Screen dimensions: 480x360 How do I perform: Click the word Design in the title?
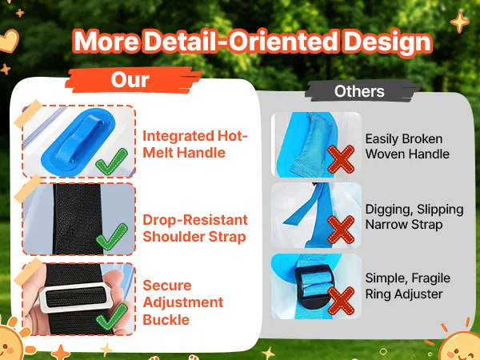(387, 42)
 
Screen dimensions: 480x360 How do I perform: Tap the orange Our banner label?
(132, 80)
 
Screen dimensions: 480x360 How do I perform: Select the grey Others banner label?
(359, 91)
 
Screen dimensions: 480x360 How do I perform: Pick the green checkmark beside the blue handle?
(111, 162)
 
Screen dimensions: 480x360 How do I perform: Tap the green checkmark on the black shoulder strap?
(111, 237)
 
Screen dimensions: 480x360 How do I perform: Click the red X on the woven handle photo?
(341, 159)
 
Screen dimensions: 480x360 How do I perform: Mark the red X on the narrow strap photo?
(341, 230)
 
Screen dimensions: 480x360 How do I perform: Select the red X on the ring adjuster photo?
(341, 301)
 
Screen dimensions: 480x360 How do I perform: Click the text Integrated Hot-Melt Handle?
(195, 144)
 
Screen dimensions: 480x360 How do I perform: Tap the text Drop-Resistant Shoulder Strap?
(195, 228)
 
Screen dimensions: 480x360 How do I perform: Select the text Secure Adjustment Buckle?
(182, 302)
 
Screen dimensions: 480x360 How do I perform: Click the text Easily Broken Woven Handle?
(407, 146)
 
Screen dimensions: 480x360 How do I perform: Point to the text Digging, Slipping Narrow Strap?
(414, 217)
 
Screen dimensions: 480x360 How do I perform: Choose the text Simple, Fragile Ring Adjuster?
(407, 286)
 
